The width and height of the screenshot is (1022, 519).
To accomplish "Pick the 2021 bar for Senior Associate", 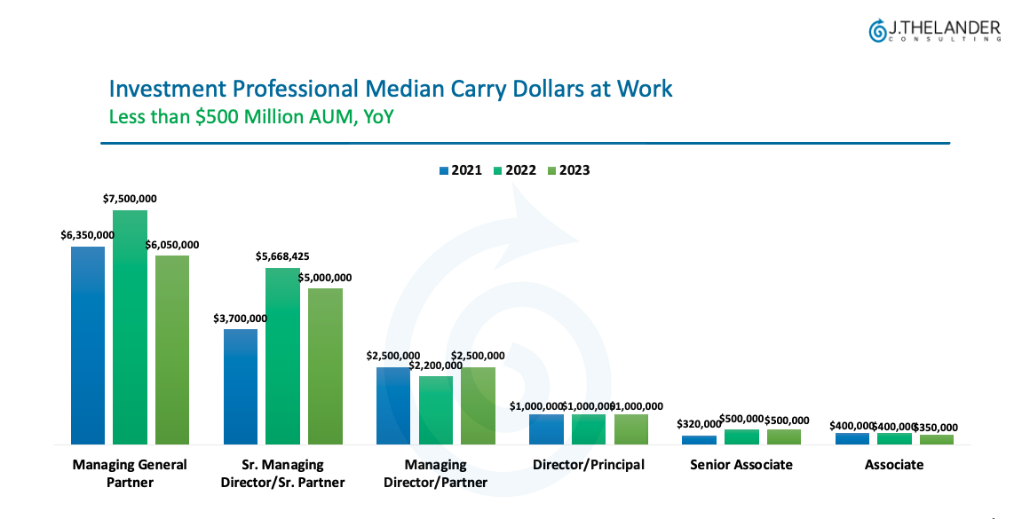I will click(699, 439).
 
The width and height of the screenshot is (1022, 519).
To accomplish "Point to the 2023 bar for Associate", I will click(936, 439).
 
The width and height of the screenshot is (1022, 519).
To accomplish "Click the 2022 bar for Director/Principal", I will click(589, 429).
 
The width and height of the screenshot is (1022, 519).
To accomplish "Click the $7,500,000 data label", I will click(130, 199).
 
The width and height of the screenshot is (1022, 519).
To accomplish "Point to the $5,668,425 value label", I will click(282, 256).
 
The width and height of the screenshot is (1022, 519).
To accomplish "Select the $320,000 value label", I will click(698, 424).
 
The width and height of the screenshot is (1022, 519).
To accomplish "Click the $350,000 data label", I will click(938, 427).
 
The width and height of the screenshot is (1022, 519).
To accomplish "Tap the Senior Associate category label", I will click(741, 465).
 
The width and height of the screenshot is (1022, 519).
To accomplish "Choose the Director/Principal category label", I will click(589, 465).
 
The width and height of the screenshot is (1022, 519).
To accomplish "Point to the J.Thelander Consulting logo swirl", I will click(877, 31).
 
